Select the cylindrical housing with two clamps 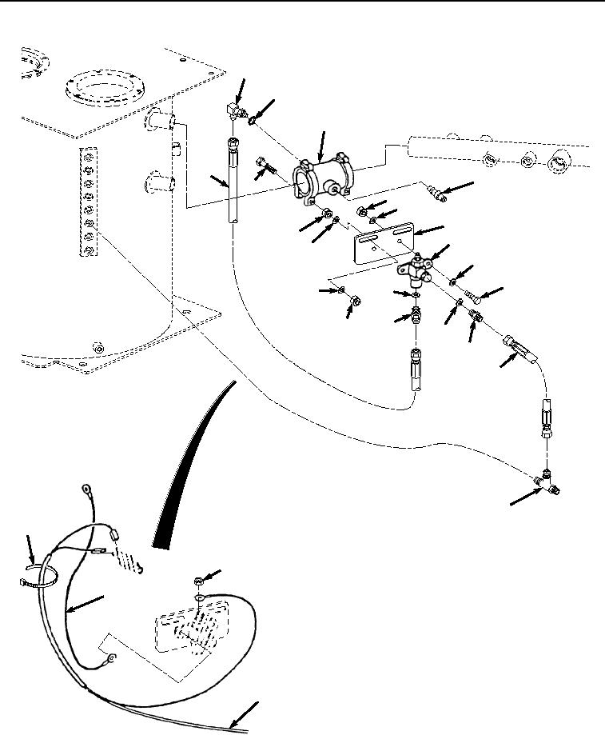pos(324,177)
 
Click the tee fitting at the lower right pos(547,481)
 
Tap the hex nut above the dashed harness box pos(198,578)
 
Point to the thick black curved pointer pos(196,464)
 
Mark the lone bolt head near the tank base pos(98,348)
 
